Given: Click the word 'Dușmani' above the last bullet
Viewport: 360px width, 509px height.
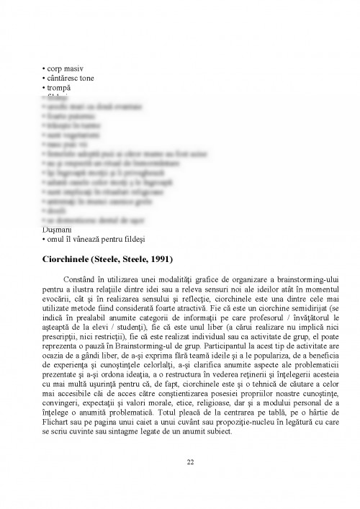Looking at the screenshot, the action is [x=57, y=229].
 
